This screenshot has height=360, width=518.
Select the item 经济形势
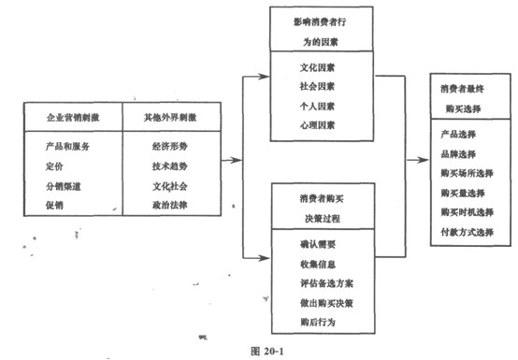click(x=171, y=147)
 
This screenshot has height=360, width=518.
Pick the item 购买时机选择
click(x=466, y=211)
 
